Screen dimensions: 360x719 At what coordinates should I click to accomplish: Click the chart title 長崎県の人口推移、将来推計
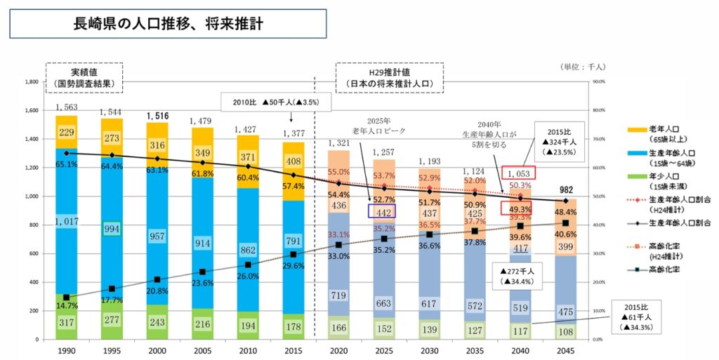168,24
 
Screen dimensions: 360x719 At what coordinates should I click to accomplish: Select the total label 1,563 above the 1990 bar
66,107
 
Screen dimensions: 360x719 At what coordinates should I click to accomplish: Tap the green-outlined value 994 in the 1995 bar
112,229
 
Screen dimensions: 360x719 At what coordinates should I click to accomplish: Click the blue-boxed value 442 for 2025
383,211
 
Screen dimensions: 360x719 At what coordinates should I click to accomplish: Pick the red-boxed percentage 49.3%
520,208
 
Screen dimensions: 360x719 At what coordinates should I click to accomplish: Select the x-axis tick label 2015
293,349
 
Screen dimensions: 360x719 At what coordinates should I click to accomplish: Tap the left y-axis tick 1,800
30,82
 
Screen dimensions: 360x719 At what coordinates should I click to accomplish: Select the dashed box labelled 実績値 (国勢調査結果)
84,78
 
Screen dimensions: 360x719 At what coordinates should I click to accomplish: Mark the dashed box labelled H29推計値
389,78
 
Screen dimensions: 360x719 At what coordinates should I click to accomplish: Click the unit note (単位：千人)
583,67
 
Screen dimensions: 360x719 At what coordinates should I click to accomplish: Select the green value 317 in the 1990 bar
66,322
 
